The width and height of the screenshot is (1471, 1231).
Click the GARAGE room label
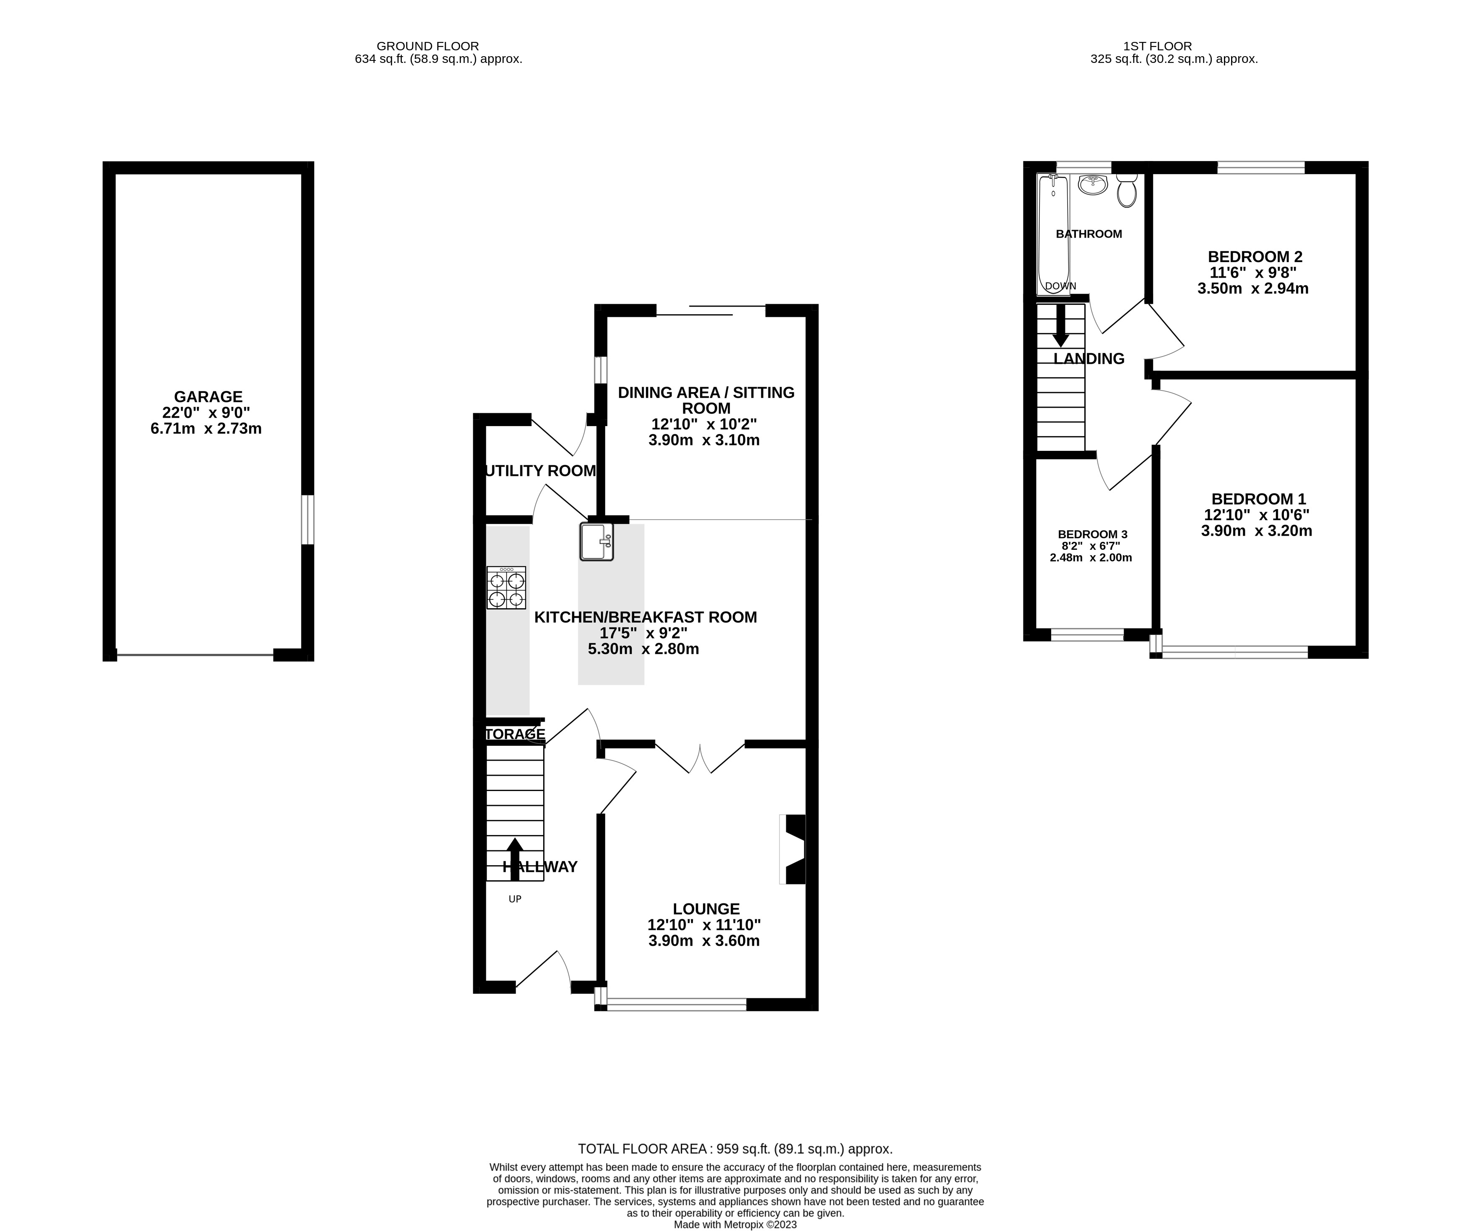(208, 396)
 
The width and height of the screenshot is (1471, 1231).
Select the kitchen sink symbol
(596, 541)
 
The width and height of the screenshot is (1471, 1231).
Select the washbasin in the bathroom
(1093, 185)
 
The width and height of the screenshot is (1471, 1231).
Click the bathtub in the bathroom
(1053, 235)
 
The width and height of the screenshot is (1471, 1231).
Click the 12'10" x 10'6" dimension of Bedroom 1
(1256, 515)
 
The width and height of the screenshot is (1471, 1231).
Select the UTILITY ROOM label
(540, 471)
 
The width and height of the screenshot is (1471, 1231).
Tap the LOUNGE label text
(706, 909)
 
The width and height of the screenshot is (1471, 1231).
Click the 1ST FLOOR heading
(1157, 46)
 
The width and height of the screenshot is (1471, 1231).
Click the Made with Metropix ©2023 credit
(735, 1225)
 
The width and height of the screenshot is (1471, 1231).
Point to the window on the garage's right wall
(307, 519)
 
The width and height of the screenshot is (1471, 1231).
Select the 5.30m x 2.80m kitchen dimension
(643, 649)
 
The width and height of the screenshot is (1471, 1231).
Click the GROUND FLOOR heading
(427, 46)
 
